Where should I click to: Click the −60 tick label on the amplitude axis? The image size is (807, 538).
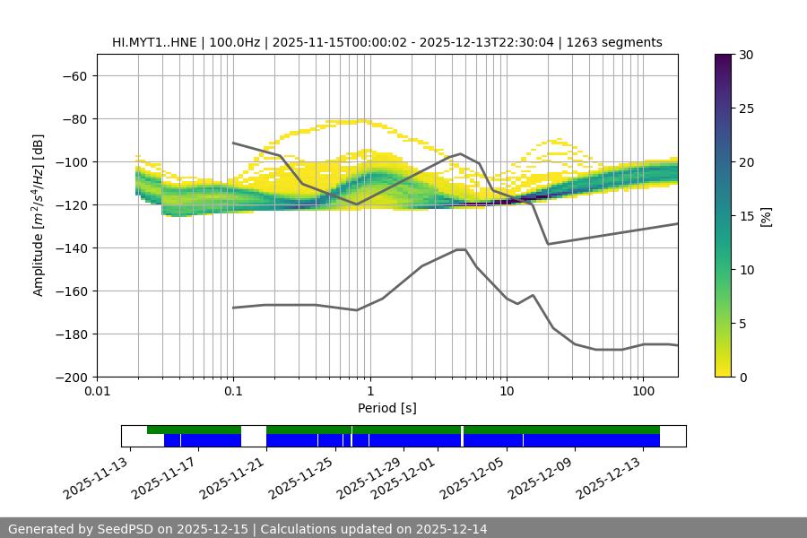tap(73, 75)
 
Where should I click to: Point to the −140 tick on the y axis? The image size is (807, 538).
tap(73, 247)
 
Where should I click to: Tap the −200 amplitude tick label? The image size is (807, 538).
tap(73, 377)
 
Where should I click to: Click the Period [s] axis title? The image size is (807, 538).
tap(386, 408)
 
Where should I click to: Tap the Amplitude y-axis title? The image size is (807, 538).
tap(39, 215)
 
